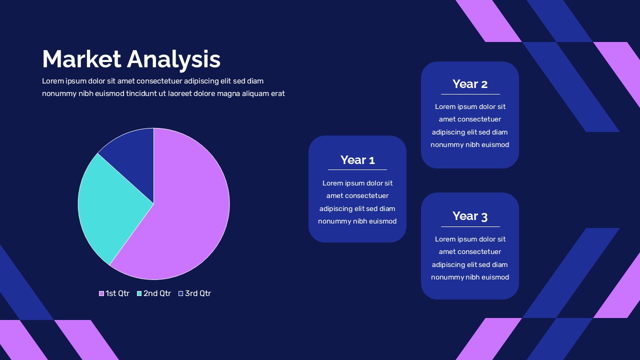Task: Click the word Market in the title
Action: click(x=81, y=59)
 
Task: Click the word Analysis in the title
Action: click(x=173, y=60)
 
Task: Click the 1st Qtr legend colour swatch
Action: click(x=101, y=293)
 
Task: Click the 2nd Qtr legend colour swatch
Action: click(x=139, y=293)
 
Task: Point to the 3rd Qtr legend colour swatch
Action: click(x=180, y=293)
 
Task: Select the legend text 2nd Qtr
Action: click(x=157, y=293)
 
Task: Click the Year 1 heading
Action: click(x=357, y=160)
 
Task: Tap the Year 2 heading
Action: click(x=470, y=84)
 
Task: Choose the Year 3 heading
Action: click(x=470, y=216)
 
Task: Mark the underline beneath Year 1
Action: click(x=357, y=169)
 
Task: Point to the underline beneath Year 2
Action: click(x=470, y=94)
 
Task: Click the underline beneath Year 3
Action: click(x=470, y=226)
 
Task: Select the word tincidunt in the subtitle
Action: click(x=142, y=93)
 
